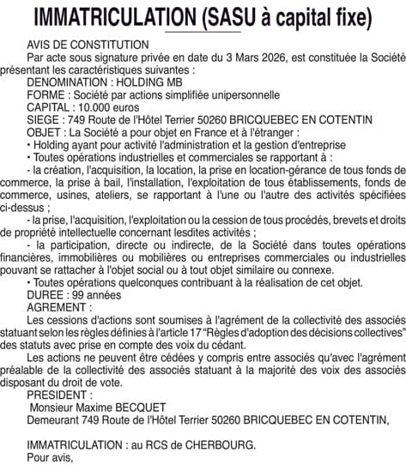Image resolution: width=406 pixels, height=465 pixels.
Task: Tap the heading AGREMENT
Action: pyautogui.click(x=57, y=306)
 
